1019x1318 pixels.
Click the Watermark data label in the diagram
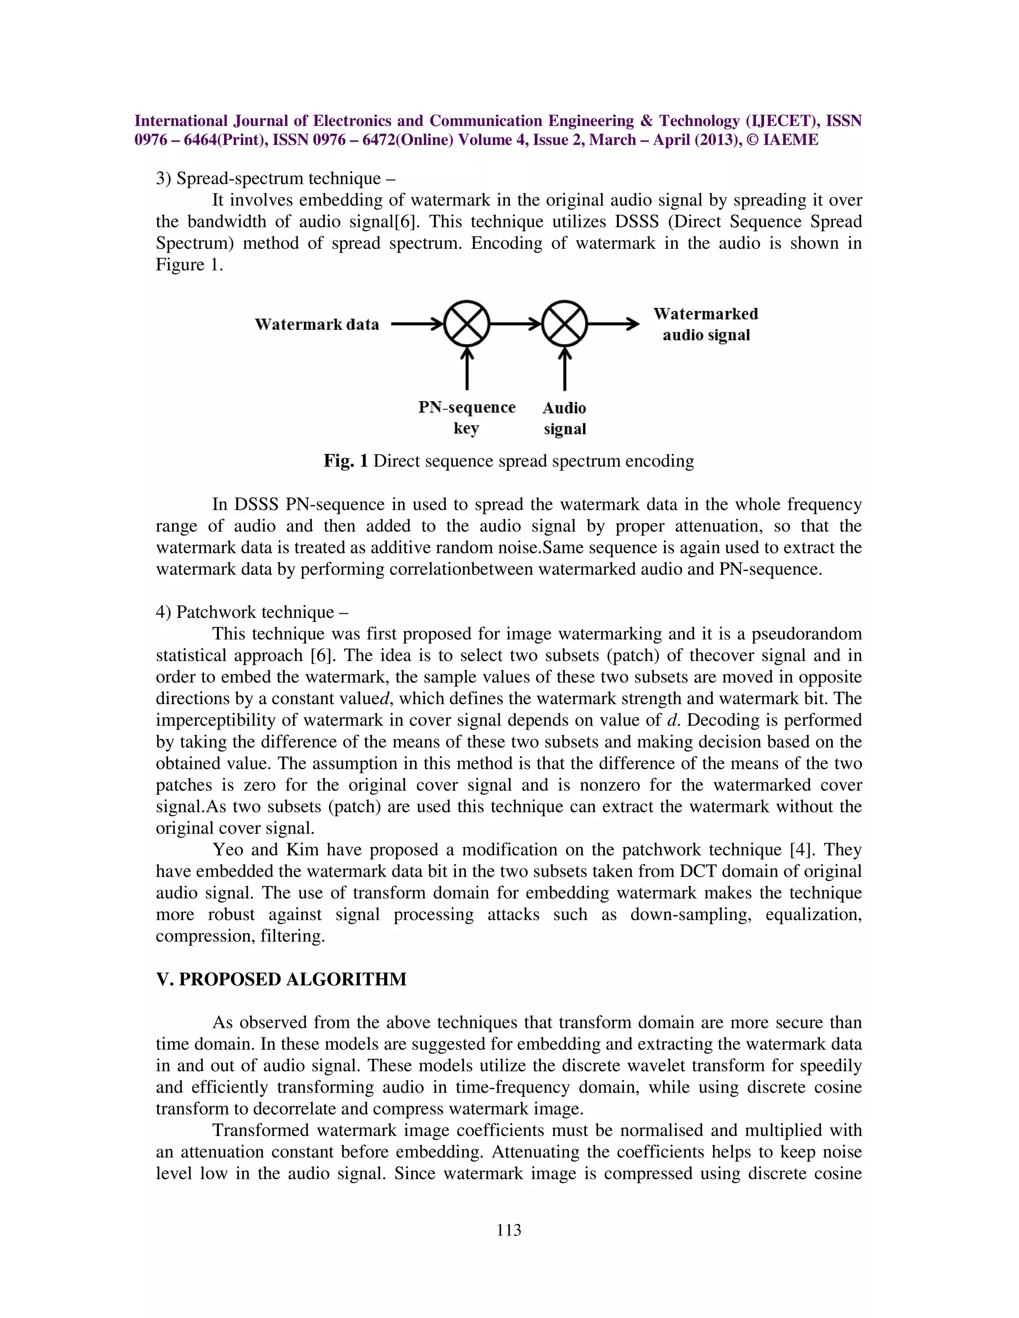coord(317,325)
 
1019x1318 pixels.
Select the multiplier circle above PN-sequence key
coord(467,324)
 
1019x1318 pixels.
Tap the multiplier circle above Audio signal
coord(564,324)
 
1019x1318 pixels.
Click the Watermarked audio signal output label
coord(706,324)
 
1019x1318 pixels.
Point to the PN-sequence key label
coord(467,418)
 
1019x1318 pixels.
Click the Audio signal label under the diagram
coord(564,418)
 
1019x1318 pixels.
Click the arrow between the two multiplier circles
coord(515,324)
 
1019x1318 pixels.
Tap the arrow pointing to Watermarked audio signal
coord(612,324)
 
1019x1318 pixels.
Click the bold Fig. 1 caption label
coord(346,461)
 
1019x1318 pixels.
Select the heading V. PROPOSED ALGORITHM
coord(281,979)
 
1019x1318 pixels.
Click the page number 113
coord(509,1230)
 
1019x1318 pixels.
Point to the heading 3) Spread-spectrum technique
coord(276,179)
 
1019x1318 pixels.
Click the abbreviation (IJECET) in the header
coord(782,121)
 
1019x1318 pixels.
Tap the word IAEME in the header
coord(791,140)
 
